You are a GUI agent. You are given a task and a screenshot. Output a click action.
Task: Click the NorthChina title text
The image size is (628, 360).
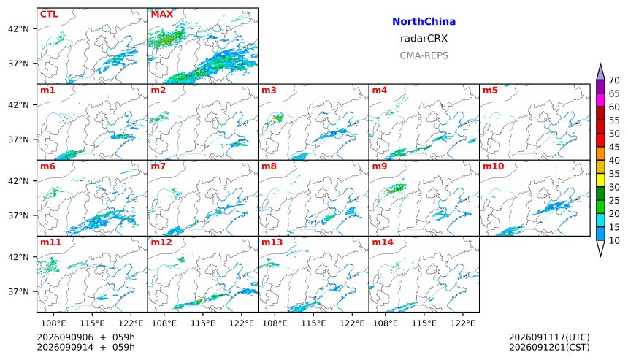point(424,22)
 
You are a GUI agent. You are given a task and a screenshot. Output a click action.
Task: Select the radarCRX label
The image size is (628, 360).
point(424,39)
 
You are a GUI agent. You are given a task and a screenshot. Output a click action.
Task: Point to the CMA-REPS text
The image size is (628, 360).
point(424,55)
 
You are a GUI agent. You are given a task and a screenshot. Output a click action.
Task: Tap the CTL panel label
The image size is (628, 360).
point(49,14)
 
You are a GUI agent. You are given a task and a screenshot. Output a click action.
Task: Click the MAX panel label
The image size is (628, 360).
point(162,14)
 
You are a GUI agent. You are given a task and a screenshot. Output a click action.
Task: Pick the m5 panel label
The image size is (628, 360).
point(490,90)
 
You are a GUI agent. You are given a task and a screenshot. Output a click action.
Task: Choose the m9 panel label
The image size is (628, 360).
point(379,166)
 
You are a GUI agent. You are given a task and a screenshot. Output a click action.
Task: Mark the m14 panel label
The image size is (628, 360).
point(383,242)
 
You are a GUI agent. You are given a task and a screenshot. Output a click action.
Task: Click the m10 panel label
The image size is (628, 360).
point(493,166)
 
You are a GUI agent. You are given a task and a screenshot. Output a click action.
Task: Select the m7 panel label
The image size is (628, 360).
point(158,166)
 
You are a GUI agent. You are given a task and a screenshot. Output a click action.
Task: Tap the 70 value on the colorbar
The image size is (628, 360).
point(614,80)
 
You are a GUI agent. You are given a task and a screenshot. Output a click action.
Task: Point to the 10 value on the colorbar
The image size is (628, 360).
point(614,241)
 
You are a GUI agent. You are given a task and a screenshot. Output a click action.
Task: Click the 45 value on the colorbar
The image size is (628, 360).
point(614,147)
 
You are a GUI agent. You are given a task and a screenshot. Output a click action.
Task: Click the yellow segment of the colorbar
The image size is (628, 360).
point(600,180)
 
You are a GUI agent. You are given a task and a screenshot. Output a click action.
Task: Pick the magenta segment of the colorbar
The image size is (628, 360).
point(600,100)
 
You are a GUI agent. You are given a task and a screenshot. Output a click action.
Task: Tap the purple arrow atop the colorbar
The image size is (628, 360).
point(600,72)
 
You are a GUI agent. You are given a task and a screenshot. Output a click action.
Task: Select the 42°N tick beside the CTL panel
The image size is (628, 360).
point(18,28)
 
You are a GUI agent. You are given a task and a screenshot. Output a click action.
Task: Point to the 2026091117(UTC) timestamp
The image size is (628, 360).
point(549,337)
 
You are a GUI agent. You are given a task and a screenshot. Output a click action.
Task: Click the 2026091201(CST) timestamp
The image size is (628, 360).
point(549,347)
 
